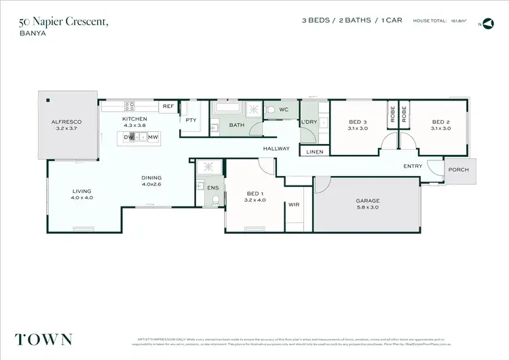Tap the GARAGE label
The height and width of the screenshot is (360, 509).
(x=368, y=201)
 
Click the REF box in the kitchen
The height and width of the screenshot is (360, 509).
(x=168, y=107)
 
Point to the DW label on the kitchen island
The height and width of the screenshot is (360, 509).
(x=128, y=137)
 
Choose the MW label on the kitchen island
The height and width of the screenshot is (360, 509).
(x=153, y=137)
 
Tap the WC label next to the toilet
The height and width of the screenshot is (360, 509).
(x=284, y=109)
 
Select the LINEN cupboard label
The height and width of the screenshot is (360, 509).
(x=315, y=152)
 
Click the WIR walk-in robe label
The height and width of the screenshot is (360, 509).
(x=295, y=204)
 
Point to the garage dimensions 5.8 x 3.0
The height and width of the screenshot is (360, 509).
(x=368, y=209)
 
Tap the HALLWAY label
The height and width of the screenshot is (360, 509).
(x=277, y=148)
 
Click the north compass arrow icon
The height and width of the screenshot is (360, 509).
(x=489, y=24)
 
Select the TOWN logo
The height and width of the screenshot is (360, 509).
(x=45, y=339)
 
